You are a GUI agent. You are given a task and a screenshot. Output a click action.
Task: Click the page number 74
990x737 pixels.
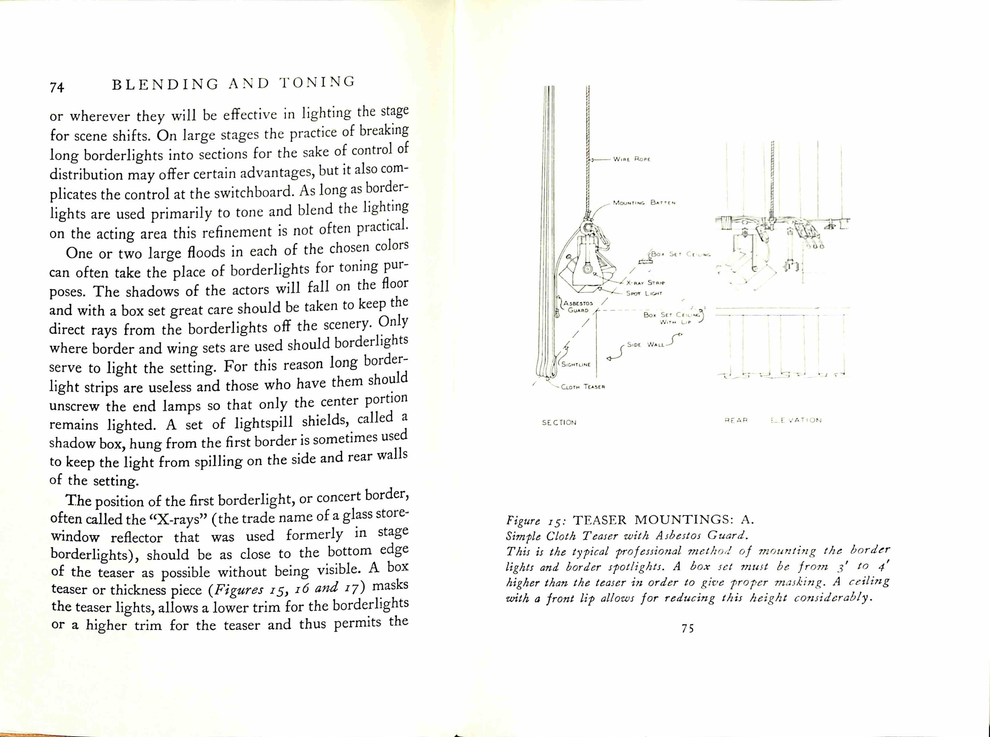click(57, 87)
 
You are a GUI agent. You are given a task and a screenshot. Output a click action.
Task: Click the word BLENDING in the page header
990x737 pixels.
click(165, 84)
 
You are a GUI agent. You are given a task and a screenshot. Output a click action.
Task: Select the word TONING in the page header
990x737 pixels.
click(317, 82)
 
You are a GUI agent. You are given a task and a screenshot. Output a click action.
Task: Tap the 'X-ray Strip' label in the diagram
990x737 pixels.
click(645, 283)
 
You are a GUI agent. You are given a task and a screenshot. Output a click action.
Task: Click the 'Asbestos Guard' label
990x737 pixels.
click(578, 307)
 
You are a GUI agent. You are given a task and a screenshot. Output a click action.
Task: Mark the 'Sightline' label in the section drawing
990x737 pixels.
click(576, 364)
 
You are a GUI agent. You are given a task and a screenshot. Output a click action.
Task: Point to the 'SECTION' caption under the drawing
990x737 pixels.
click(559, 422)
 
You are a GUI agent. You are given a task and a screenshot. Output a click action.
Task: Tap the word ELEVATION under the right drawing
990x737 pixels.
click(796, 420)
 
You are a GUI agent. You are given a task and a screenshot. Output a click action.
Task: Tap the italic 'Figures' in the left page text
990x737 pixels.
click(238, 590)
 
